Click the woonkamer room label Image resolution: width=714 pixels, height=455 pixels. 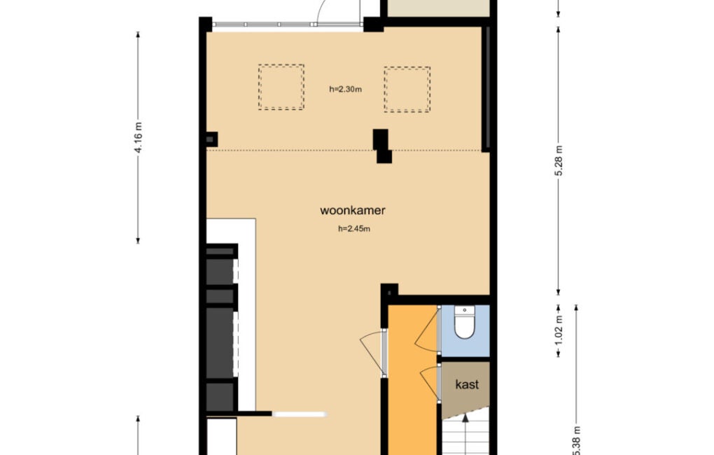tap(352, 211)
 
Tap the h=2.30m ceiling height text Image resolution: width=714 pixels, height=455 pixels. tap(345, 90)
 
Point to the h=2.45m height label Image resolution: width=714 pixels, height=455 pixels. tap(353, 229)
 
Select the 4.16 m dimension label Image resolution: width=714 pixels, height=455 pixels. tap(139, 137)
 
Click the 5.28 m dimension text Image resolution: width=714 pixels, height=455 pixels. tap(559, 160)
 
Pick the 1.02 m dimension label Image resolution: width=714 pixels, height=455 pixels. tap(559, 330)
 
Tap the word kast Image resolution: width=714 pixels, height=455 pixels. tap(467, 384)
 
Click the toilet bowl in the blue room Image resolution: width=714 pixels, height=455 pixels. tap(465, 323)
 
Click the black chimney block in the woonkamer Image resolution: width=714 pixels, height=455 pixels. tap(382, 146)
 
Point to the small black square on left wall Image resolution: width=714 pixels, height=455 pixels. tap(211, 139)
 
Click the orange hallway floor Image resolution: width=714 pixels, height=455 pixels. tap(412, 383)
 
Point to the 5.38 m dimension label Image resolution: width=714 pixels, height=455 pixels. tap(577, 440)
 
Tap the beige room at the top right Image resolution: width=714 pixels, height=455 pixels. tap(438, 8)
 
